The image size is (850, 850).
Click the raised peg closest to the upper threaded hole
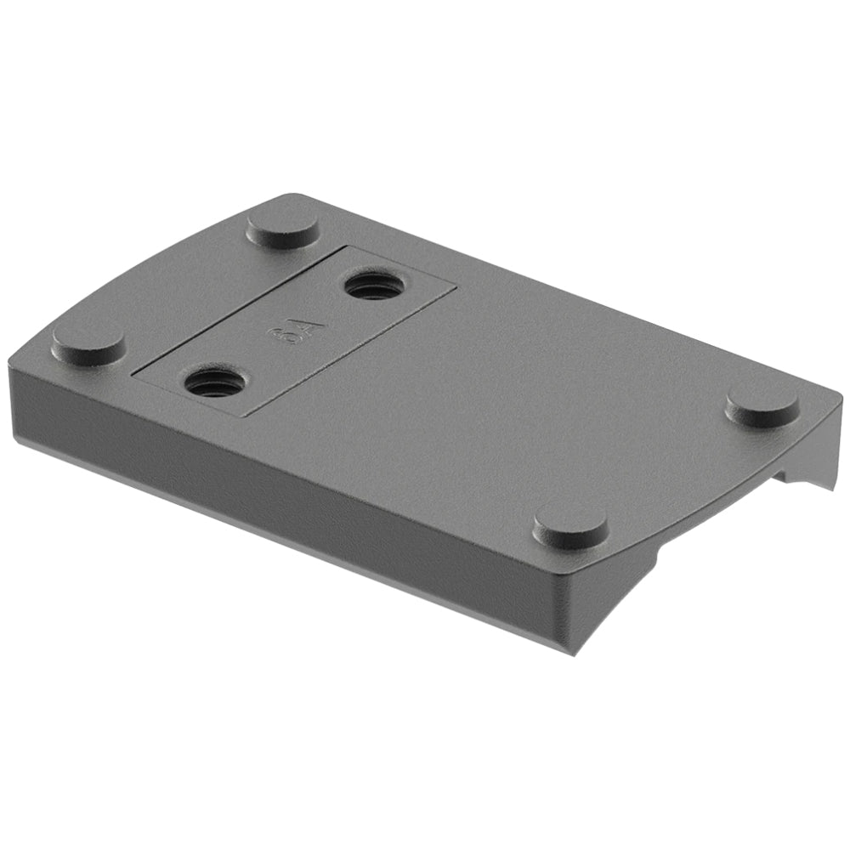click(282, 227)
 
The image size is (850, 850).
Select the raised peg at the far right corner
click(762, 407)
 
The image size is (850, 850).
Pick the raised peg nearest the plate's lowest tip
click(570, 526)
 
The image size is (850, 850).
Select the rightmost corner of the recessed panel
click(455, 285)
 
